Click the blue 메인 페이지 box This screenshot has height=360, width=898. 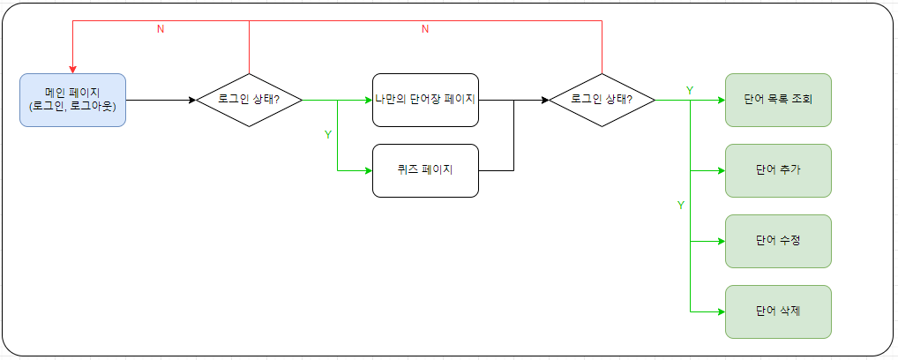72,100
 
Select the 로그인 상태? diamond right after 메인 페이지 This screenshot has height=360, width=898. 249,100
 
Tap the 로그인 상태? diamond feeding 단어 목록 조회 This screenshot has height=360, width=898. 602,100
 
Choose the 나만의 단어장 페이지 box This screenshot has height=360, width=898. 425,100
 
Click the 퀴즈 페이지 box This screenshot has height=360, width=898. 425,170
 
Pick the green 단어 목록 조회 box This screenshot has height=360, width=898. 778,100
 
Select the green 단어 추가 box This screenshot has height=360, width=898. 778,170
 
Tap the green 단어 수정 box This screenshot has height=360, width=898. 778,241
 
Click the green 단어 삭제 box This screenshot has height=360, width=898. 778,311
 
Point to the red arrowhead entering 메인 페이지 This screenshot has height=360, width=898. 72,69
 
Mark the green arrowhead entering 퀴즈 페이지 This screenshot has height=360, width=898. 368,170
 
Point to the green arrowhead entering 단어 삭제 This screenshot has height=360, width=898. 721,311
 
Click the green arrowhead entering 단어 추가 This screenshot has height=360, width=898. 721,170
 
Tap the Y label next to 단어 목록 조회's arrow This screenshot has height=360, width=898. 690,91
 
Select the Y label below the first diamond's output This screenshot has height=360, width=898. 328,135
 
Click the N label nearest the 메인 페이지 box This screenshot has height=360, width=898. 160,29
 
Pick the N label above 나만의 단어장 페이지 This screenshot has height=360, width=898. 424,29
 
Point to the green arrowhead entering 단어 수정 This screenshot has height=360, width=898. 721,241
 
